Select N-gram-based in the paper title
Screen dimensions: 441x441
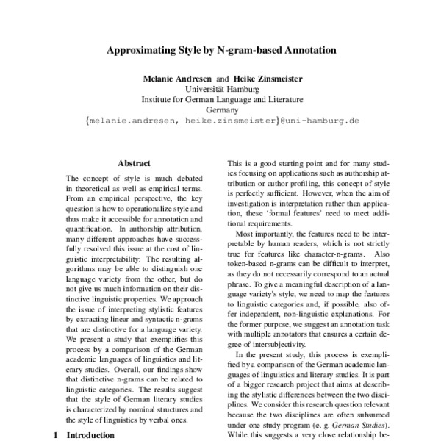pos(238,51)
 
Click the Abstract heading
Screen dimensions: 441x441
pos(134,163)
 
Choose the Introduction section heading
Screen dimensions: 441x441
pos(90,435)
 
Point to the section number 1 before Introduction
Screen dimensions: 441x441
pos(56,435)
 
